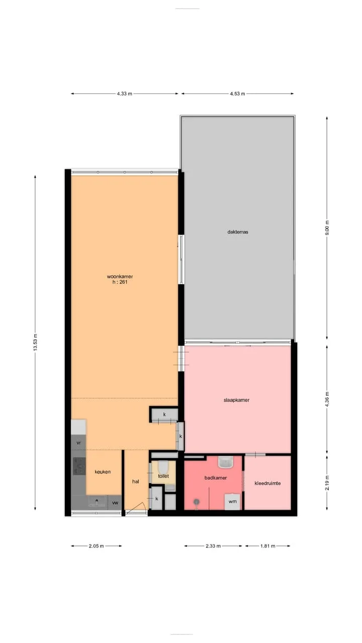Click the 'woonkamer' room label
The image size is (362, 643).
(120, 276)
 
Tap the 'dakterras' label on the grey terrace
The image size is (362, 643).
(238, 232)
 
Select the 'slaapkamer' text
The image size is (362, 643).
(236, 400)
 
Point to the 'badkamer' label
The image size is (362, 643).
(216, 478)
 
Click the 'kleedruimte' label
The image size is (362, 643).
(267, 483)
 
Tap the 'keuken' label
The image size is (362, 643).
(103, 472)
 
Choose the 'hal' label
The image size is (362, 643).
(136, 481)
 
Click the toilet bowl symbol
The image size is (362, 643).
(163, 467)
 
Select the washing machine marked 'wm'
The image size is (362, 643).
(232, 501)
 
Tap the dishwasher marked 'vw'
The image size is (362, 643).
(115, 503)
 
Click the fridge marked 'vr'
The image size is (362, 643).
(78, 443)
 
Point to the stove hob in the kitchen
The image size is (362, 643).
(79, 466)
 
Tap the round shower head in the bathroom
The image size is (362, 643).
(197, 501)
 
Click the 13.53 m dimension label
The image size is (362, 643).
(35, 342)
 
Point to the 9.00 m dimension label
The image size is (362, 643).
(327, 228)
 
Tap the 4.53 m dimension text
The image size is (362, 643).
(237, 93)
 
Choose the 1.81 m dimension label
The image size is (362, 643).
(268, 546)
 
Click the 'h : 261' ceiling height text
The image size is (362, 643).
(120, 282)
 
